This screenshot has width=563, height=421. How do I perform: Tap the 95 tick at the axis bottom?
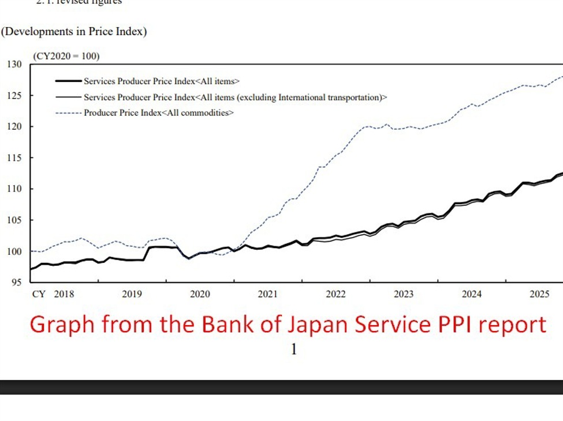(x=17, y=282)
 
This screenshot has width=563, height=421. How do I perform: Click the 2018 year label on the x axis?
(x=64, y=294)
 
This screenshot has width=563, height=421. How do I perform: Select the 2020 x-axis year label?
(x=200, y=294)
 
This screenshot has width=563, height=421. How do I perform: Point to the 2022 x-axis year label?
(x=335, y=294)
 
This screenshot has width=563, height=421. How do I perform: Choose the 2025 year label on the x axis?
(x=539, y=294)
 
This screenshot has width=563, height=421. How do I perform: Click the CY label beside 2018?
(x=39, y=294)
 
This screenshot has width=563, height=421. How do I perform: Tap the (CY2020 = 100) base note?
(x=66, y=56)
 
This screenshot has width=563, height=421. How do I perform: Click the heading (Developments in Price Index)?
(x=74, y=31)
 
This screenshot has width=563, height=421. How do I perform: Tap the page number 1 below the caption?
(x=294, y=349)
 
